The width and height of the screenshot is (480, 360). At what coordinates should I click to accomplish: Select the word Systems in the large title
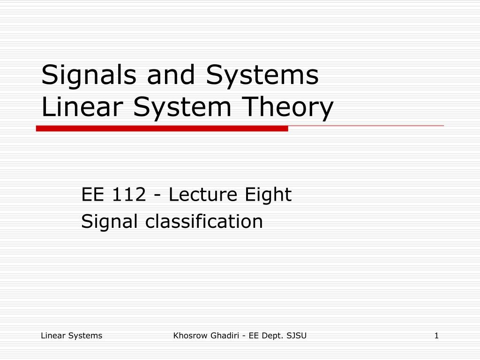click(x=262, y=75)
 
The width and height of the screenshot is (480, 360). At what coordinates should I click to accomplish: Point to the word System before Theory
click(x=183, y=108)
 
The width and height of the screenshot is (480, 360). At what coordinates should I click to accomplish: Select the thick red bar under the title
click(x=162, y=128)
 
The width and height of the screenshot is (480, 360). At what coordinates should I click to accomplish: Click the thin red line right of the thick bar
click(x=366, y=126)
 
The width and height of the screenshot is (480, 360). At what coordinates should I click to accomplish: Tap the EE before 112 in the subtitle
click(x=93, y=195)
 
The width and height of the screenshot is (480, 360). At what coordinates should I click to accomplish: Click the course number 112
click(x=128, y=195)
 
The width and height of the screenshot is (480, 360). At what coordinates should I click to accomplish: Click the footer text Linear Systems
click(x=71, y=335)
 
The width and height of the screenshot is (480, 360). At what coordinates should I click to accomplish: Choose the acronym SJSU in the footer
click(x=297, y=335)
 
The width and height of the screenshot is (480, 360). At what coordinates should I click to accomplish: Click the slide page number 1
click(x=436, y=335)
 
